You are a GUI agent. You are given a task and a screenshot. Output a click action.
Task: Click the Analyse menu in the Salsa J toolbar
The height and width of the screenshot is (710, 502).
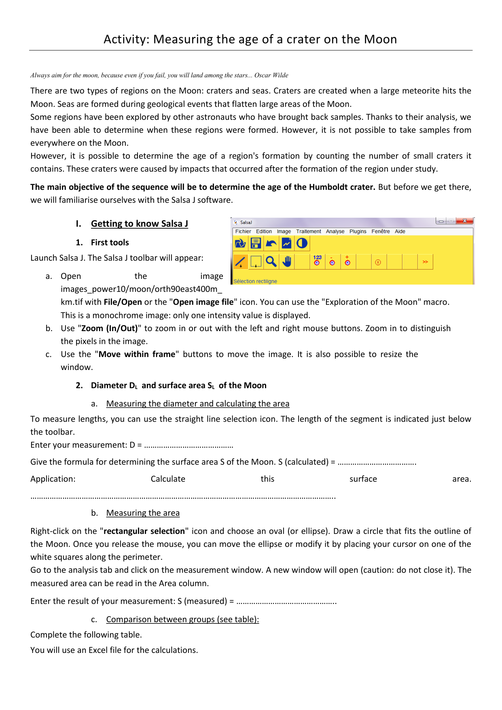335,232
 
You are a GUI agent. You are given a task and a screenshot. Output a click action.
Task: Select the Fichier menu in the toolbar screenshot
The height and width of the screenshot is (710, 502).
243,232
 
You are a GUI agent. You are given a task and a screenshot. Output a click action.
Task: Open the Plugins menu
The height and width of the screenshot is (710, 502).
358,232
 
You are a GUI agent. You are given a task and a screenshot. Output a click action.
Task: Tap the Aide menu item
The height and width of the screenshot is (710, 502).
400,232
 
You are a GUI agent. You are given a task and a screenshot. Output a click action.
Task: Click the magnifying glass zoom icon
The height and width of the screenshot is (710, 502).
271,262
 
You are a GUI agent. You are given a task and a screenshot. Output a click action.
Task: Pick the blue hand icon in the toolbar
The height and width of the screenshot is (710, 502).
287,262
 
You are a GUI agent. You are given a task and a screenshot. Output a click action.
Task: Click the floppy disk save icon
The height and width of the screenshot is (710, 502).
256,243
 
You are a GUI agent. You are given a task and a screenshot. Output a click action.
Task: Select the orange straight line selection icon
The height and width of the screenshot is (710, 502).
240,262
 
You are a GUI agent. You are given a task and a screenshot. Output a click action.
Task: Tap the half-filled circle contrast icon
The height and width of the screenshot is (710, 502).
302,243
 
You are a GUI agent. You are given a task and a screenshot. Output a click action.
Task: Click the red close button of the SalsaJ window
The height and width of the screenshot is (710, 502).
465,221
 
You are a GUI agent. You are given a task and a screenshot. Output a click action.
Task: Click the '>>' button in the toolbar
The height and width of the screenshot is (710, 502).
425,262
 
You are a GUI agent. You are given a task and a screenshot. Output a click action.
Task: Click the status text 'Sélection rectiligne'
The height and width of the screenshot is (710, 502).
255,281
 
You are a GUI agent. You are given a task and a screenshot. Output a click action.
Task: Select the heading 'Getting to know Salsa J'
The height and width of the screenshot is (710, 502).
139,224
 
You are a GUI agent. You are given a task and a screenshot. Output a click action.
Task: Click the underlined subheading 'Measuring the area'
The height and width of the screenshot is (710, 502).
143,513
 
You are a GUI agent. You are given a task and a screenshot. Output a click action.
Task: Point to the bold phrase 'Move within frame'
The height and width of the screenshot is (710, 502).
137,354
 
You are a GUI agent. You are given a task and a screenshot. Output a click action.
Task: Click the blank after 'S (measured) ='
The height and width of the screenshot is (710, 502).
286,602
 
